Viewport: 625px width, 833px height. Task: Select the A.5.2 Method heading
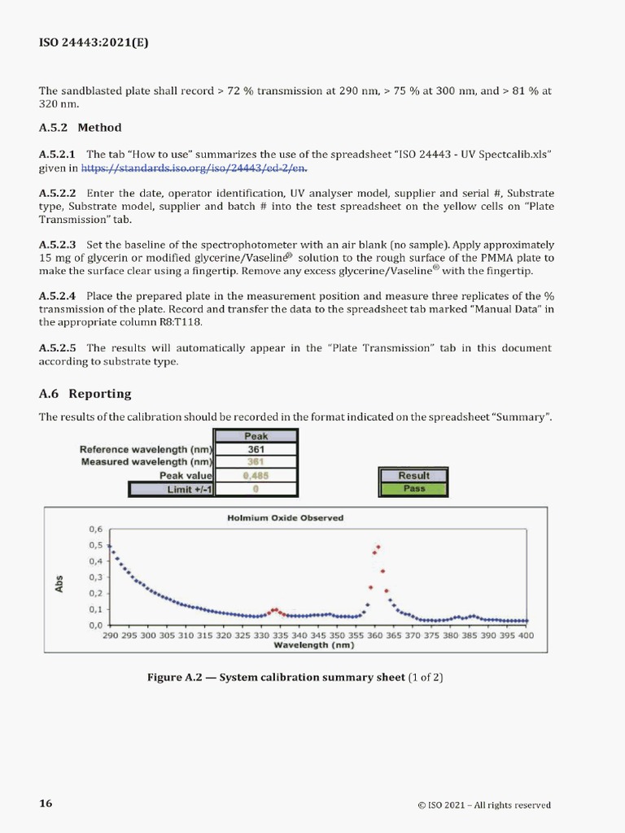(81, 128)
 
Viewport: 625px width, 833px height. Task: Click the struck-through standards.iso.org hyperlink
(195, 168)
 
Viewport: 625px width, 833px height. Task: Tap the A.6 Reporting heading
(85, 394)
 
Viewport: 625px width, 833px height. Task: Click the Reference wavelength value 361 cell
(256, 449)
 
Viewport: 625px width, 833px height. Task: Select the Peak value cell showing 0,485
(256, 475)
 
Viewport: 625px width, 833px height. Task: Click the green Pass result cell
(414, 489)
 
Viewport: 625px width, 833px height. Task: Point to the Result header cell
(414, 476)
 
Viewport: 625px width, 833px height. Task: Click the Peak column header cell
(256, 436)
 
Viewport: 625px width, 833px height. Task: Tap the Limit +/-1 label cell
(171, 489)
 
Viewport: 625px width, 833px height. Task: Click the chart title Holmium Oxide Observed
(285, 517)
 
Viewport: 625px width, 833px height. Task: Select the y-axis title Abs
(59, 584)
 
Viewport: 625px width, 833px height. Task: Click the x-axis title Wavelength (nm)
(313, 645)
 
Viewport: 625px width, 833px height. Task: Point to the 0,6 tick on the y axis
(96, 529)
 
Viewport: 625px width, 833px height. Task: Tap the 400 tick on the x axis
(527, 636)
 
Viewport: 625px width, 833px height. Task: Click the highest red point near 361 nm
(378, 547)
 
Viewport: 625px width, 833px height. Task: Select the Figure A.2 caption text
(295, 677)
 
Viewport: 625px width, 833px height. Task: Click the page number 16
(46, 804)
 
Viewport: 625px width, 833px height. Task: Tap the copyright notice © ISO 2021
(483, 805)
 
